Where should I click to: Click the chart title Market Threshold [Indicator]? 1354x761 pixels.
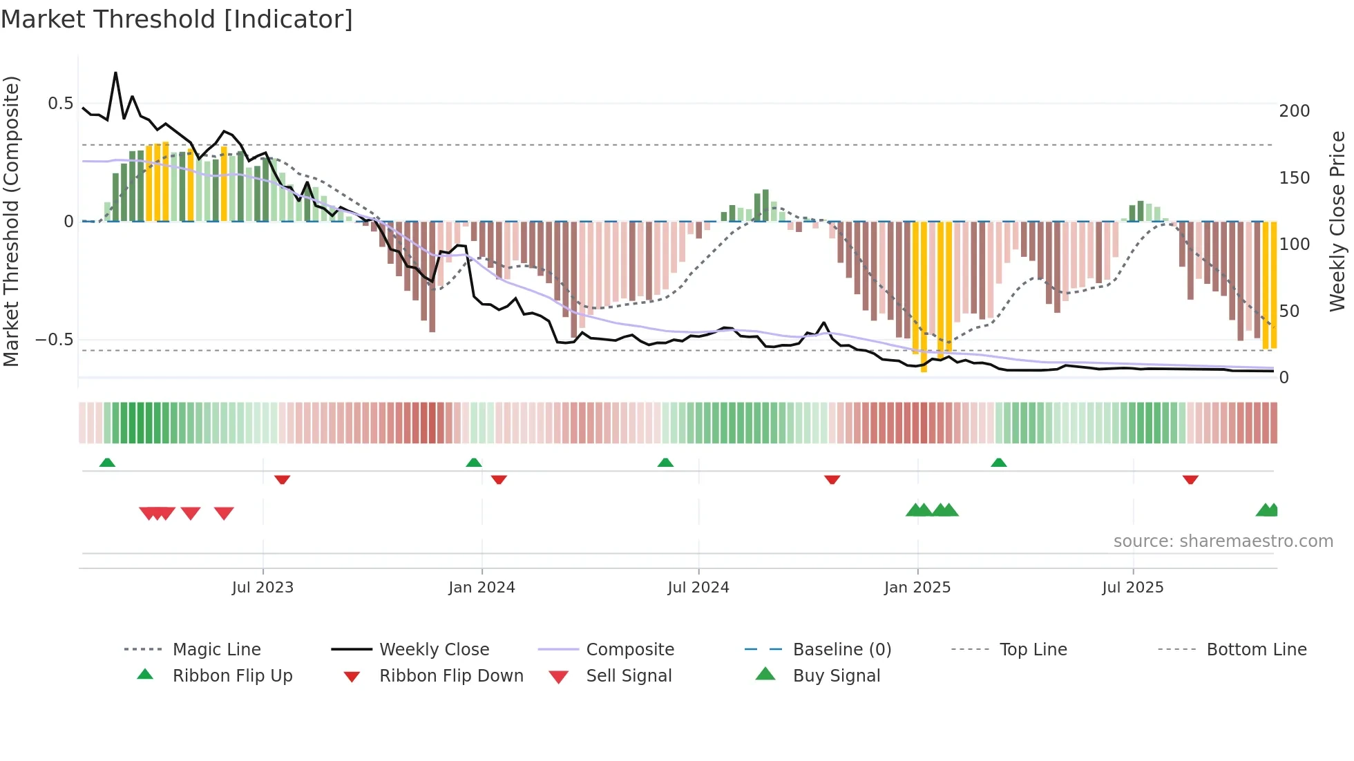click(177, 19)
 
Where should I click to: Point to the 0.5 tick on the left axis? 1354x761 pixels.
click(60, 104)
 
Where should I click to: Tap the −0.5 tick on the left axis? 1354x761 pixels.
click(55, 340)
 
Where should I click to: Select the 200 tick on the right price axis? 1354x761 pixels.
click(1294, 111)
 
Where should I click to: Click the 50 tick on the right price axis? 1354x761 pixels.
click(1289, 311)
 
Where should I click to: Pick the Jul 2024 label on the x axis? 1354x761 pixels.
click(698, 588)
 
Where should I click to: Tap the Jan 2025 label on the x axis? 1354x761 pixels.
click(917, 588)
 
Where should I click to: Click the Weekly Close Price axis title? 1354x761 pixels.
click(1337, 221)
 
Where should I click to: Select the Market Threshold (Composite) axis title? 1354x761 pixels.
click(11, 221)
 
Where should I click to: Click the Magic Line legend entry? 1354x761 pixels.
click(216, 650)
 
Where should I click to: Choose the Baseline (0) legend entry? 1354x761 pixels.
click(841, 650)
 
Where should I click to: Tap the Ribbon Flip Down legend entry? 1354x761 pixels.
click(451, 676)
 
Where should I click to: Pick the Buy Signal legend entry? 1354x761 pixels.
click(836, 676)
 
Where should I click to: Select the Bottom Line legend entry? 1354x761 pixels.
click(1256, 650)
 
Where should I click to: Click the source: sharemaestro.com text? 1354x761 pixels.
click(1223, 541)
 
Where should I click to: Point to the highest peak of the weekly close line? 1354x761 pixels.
click(115, 73)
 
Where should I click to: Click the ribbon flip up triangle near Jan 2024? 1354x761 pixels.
click(473, 463)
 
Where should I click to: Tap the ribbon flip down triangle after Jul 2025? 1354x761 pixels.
click(1190, 479)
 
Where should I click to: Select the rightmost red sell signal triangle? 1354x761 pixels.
click(224, 513)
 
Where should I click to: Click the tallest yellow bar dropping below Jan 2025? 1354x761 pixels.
click(924, 297)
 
